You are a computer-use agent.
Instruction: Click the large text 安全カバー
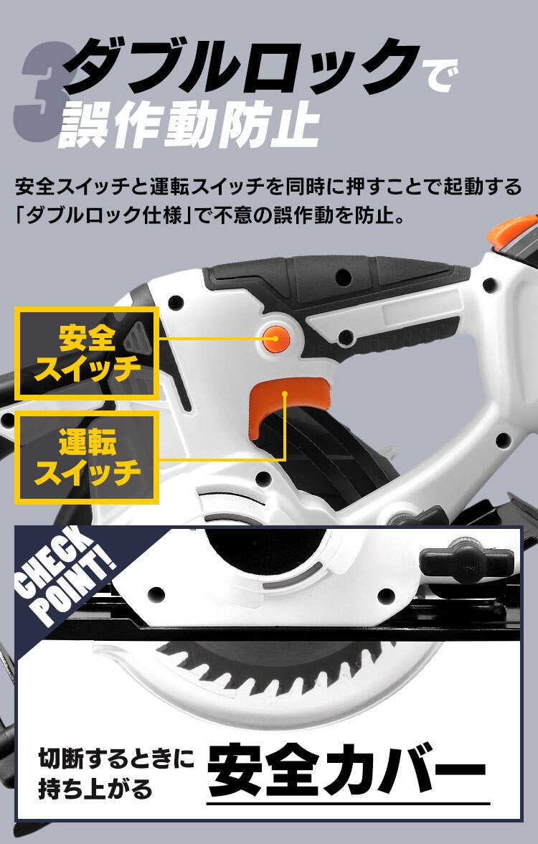[347, 772]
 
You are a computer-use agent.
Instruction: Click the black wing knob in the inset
[467, 556]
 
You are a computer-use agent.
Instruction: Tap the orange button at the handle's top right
[511, 229]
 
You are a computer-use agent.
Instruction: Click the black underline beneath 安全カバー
[348, 803]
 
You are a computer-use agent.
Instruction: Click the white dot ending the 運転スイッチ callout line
[285, 393]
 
